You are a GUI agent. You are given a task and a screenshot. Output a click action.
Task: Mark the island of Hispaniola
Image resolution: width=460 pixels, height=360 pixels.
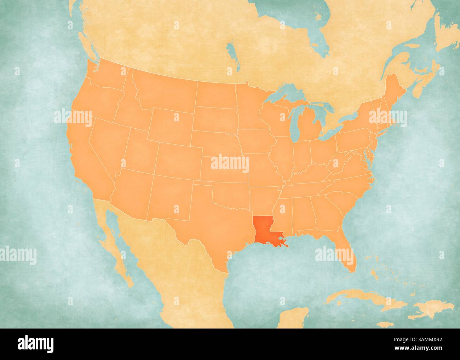click(433, 308)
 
